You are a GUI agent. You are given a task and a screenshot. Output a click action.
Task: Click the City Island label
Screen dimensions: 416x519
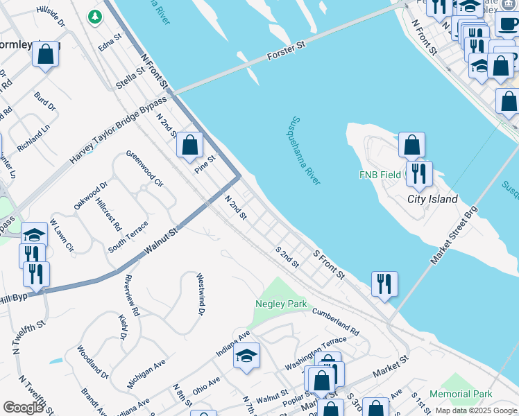coord(432,199)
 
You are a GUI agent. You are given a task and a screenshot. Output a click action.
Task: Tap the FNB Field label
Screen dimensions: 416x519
coord(380,175)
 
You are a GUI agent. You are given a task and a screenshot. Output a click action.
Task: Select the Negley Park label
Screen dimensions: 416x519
coord(281,304)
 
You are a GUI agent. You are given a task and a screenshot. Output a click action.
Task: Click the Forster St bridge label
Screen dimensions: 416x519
coord(287,50)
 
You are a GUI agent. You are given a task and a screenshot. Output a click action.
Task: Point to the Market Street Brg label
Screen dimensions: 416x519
coord(454,234)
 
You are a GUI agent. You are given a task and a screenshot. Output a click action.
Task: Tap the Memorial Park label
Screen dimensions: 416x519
coord(461,394)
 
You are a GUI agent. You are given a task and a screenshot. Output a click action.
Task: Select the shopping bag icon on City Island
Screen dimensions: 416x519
coord(411,145)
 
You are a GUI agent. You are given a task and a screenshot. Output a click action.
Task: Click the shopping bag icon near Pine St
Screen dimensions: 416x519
coord(189,145)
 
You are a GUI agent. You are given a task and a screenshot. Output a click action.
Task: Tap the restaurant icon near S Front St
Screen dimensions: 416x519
coord(384,283)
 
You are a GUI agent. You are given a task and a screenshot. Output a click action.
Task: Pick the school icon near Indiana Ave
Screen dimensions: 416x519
coord(246,356)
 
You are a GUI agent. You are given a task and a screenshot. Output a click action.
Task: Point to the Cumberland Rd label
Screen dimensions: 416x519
coord(335,322)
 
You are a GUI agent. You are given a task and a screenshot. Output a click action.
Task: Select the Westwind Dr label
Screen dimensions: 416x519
coord(201,294)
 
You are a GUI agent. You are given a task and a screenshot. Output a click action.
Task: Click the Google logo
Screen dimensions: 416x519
coord(24,408)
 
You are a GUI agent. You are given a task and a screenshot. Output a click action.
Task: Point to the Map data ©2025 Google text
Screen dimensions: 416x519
coord(476,410)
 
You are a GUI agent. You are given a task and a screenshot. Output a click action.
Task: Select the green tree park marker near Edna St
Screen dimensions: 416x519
coord(93,16)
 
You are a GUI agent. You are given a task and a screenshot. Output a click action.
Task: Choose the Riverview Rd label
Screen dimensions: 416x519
coord(132,295)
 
